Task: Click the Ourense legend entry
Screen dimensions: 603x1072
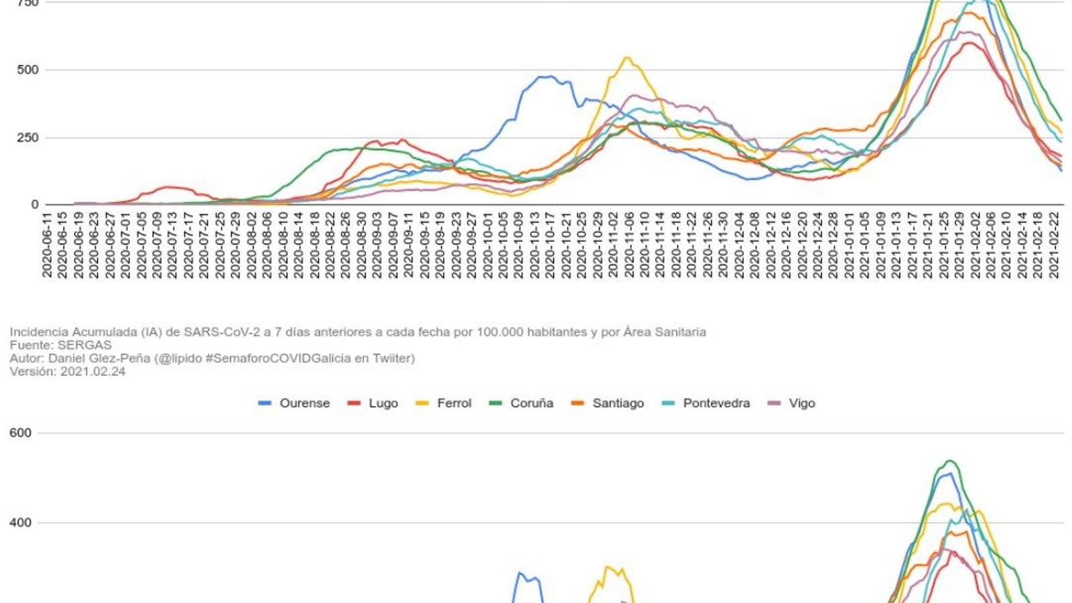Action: pos(295,403)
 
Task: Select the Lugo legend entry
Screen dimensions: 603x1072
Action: pos(373,403)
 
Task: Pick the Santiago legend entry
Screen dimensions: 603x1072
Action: pos(608,403)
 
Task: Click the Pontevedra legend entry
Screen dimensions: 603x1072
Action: pos(706,403)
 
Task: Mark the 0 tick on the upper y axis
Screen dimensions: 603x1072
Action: pos(35,205)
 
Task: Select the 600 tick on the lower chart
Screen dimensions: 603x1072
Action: pos(21,433)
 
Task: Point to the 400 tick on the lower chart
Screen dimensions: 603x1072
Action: pos(21,523)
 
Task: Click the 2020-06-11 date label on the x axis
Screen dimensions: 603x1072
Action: pos(47,245)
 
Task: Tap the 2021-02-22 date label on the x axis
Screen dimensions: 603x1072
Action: pos(1055,245)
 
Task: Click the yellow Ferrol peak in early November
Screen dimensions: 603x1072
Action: pos(627,58)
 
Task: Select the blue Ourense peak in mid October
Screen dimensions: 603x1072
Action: pos(548,76)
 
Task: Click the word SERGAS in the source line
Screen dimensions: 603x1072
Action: pos(84,345)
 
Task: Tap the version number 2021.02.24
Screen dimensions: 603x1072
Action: pos(92,371)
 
